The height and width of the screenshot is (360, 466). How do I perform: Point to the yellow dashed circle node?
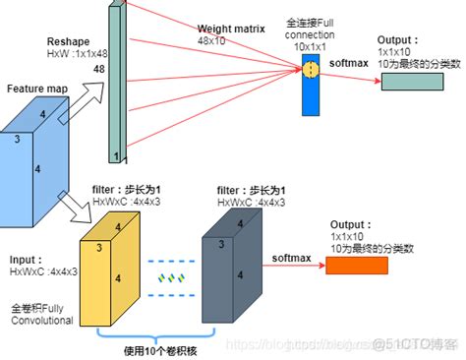pyautogui.click(x=312, y=70)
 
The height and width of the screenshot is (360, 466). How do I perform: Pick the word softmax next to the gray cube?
pyautogui.click(x=291, y=258)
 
